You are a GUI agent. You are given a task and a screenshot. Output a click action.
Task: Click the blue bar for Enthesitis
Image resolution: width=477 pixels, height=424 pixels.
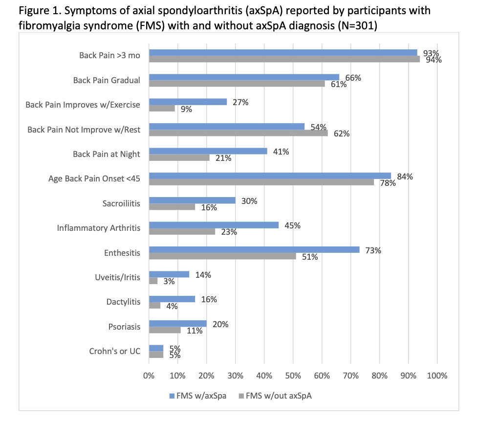[x=254, y=249]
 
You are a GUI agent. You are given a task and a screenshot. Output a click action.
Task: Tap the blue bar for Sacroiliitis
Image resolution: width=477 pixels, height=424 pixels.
[x=192, y=200]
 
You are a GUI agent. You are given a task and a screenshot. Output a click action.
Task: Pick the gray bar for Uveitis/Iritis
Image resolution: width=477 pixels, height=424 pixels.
[x=153, y=281]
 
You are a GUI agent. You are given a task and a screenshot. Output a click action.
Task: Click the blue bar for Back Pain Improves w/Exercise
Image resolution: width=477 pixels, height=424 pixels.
[x=188, y=102]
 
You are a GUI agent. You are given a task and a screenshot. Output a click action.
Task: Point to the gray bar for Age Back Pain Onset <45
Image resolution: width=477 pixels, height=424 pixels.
[x=261, y=182]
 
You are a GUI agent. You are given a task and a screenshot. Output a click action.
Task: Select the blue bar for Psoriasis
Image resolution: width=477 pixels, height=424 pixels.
[x=178, y=323]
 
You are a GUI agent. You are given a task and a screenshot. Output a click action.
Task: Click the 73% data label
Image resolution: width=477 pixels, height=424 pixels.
[x=372, y=250]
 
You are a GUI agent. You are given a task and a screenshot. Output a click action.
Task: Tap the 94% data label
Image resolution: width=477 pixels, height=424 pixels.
[x=434, y=60]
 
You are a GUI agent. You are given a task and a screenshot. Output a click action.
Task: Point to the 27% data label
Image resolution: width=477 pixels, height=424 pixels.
[x=240, y=102]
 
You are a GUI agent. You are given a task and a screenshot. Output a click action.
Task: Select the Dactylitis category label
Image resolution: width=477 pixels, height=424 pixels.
[x=123, y=302]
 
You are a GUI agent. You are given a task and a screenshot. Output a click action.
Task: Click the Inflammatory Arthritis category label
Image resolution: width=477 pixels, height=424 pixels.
[x=99, y=228]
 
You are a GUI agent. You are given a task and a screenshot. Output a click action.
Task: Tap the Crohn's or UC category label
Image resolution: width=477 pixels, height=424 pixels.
[x=115, y=351]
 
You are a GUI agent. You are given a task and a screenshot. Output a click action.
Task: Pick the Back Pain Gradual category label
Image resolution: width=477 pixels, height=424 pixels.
[x=107, y=80]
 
